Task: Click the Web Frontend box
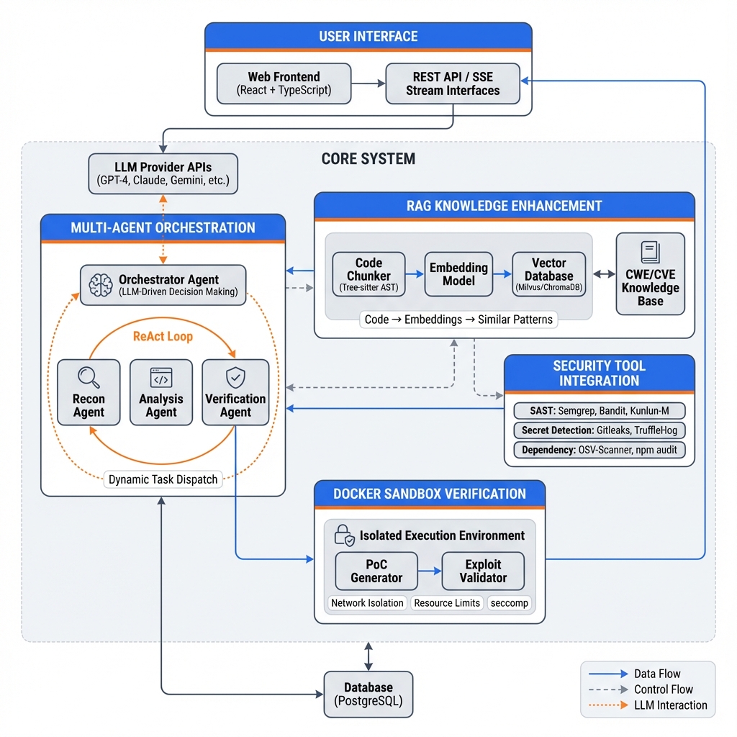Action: tap(284, 83)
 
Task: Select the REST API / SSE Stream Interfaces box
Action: tap(452, 83)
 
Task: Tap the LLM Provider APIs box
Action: tap(163, 173)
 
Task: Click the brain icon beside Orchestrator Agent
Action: tap(100, 285)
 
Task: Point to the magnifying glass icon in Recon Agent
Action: tap(89, 377)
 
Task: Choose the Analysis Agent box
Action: tap(160, 392)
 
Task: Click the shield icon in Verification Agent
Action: tap(235, 376)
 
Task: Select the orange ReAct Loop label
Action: tap(163, 336)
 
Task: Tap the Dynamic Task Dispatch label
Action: tap(163, 479)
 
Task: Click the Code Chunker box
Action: tap(368, 274)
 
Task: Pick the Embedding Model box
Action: tap(458, 274)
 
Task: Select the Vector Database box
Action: tap(548, 274)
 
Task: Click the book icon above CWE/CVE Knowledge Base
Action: tap(650, 252)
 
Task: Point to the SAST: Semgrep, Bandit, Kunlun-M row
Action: tap(599, 411)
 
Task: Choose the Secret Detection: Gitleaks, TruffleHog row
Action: tap(599, 430)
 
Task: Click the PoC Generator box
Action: tap(376, 571)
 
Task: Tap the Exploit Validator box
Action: tap(482, 571)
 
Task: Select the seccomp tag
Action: tap(509, 603)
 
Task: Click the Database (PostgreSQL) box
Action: tap(368, 695)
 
